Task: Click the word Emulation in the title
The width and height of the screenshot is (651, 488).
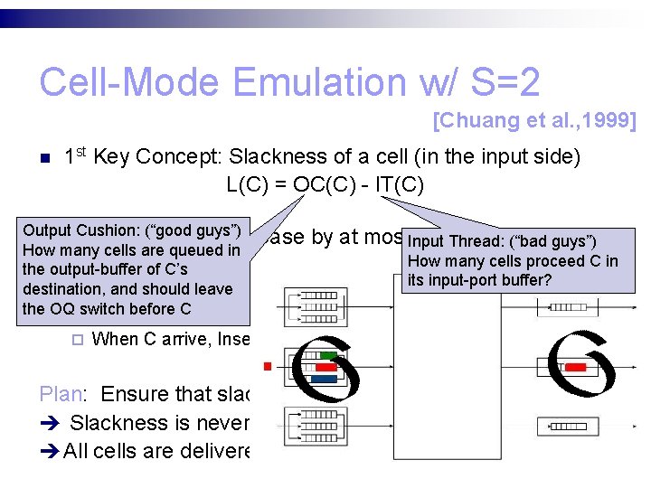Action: (x=317, y=83)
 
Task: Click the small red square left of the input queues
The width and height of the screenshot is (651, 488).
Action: (x=268, y=367)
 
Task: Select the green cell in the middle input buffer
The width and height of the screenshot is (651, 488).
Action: (x=328, y=356)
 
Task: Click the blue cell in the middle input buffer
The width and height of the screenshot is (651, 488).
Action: (x=326, y=379)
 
